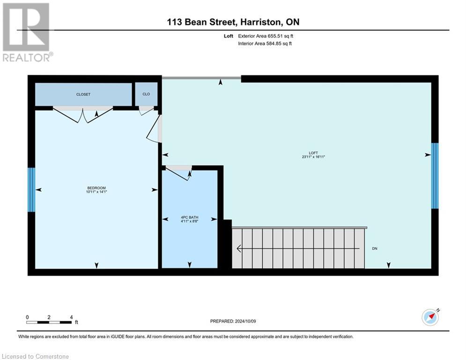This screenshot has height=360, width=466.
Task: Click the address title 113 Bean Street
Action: click(x=233, y=22)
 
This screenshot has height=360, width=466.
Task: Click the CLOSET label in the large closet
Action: click(x=83, y=94)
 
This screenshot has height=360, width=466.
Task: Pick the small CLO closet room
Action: click(x=146, y=94)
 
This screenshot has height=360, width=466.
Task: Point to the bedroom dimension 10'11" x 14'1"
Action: click(x=96, y=192)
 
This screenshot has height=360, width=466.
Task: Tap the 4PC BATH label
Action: click(x=190, y=217)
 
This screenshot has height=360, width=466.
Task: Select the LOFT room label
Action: click(x=313, y=153)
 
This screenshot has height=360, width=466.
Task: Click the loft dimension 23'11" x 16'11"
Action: click(x=313, y=157)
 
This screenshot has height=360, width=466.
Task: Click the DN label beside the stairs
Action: click(x=375, y=248)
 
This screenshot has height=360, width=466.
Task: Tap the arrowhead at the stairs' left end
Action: click(x=238, y=248)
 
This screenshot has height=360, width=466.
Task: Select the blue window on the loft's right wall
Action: click(x=435, y=175)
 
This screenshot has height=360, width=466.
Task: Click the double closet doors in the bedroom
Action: click(x=83, y=114)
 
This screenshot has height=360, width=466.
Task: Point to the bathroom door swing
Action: click(x=178, y=172)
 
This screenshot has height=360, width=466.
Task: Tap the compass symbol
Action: click(x=430, y=317)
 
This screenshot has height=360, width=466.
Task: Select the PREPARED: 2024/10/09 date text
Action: click(x=233, y=321)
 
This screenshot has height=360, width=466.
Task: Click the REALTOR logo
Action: click(x=26, y=32)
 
